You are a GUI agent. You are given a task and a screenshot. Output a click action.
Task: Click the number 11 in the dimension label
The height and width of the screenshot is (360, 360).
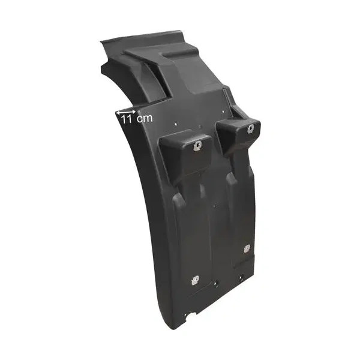point(126,119)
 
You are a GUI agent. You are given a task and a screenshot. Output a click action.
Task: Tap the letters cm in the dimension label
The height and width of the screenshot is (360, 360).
point(145,118)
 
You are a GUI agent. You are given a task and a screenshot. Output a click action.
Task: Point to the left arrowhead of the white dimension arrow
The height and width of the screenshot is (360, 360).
point(118,113)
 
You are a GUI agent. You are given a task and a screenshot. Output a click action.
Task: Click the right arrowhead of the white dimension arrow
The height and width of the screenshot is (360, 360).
point(134,112)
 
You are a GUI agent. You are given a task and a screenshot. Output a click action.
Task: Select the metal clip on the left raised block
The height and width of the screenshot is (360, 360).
point(197,146)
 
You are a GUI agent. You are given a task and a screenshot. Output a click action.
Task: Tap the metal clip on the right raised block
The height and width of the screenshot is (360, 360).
point(251,129)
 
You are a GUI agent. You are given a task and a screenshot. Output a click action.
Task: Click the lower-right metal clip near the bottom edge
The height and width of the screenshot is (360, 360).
point(247,248)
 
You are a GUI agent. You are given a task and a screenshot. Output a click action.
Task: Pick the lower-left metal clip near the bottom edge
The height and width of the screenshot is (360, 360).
point(195,280)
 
